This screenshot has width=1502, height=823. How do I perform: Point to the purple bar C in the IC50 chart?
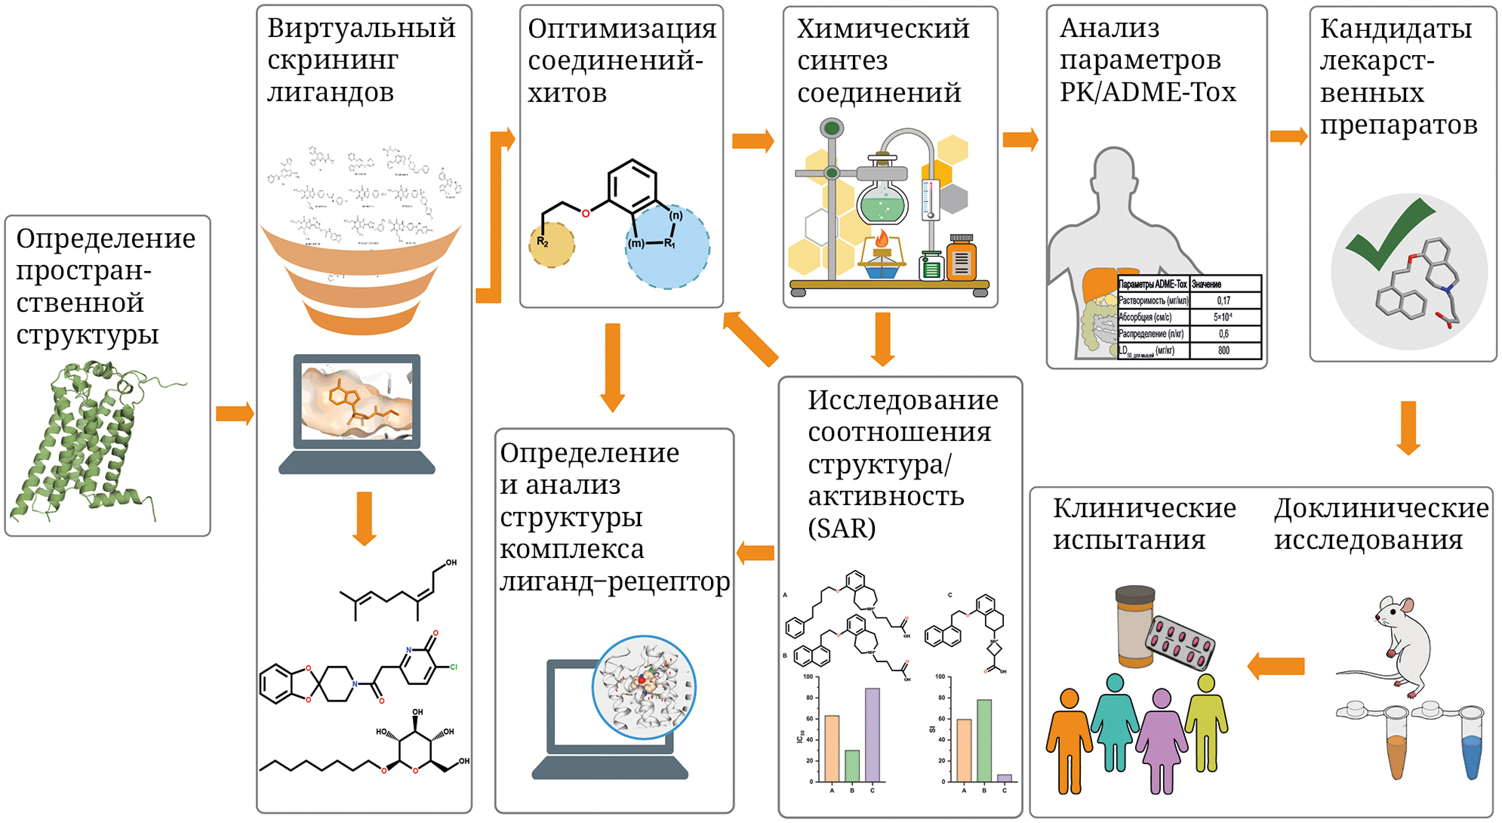coord(872,735)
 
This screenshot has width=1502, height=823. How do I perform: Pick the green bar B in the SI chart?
coord(984,741)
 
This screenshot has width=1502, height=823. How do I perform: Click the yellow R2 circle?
coord(551,245)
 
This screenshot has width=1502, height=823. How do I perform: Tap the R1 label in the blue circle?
coord(669,243)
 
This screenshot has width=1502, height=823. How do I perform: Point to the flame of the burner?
coord(881,239)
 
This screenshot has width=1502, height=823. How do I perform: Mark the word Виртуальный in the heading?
coord(362,28)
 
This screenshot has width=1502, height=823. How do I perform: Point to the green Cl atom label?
coord(453,667)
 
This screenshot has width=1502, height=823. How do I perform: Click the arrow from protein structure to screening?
coord(234,413)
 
